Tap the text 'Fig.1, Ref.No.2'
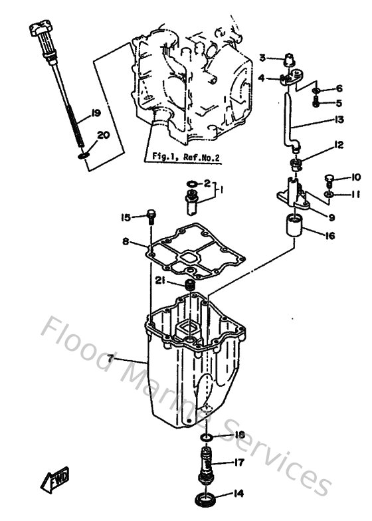(x=185, y=157)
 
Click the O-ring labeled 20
(x=81, y=156)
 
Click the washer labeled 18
(x=207, y=437)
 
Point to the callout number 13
(x=339, y=120)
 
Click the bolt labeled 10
(x=330, y=178)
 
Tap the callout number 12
(x=339, y=145)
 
